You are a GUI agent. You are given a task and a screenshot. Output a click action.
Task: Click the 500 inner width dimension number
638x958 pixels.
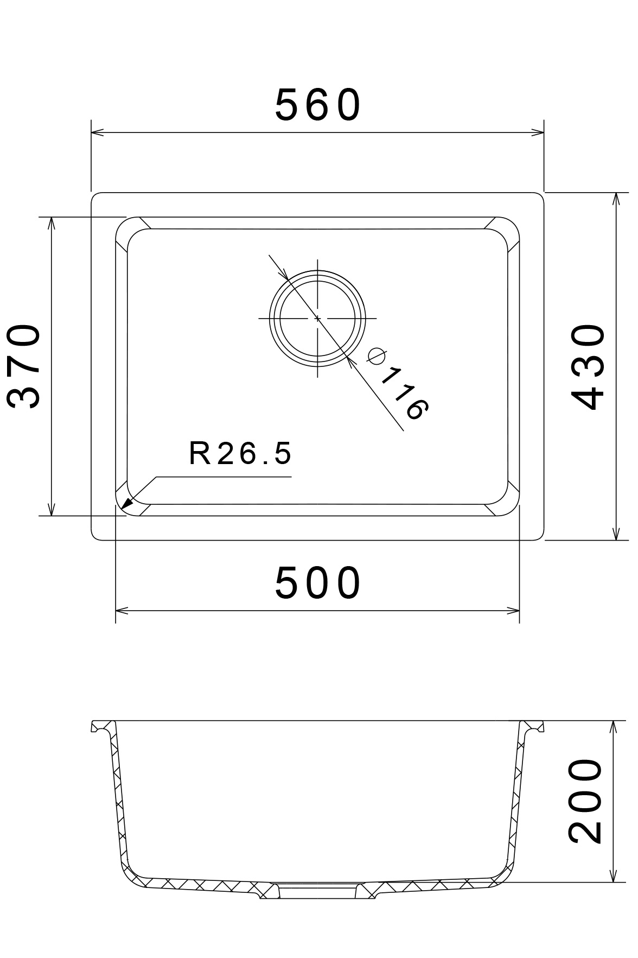click(x=318, y=583)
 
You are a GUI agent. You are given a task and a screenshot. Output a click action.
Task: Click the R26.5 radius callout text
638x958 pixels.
click(x=240, y=454)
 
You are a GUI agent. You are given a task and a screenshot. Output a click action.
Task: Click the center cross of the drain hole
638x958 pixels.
click(x=317, y=318)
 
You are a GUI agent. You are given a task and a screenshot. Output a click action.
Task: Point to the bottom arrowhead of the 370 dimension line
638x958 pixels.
click(x=51, y=510)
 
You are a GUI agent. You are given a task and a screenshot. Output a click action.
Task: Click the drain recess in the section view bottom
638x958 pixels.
click(x=318, y=892)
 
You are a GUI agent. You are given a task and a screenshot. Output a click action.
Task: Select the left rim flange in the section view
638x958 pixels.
click(x=103, y=726)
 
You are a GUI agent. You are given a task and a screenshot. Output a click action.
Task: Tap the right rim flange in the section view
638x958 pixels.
click(x=532, y=726)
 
